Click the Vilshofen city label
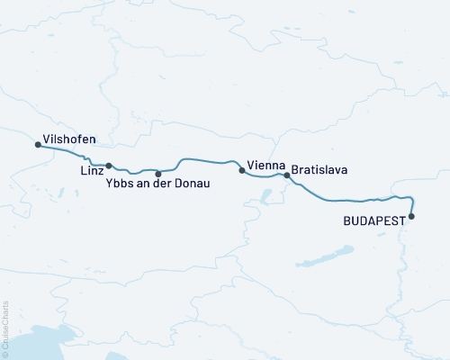click(x=71, y=142)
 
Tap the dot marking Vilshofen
click(x=37, y=144)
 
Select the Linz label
click(x=90, y=171)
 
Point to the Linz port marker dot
click(x=109, y=166)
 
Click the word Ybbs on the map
click(x=118, y=184)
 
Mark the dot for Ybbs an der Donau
click(x=158, y=174)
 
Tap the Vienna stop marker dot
click(x=241, y=169)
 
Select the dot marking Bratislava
click(x=287, y=175)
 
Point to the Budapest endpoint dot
click(x=411, y=216)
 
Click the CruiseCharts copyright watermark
click(x=5, y=329)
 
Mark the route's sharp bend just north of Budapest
click(x=411, y=199)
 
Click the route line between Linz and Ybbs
click(x=133, y=172)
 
